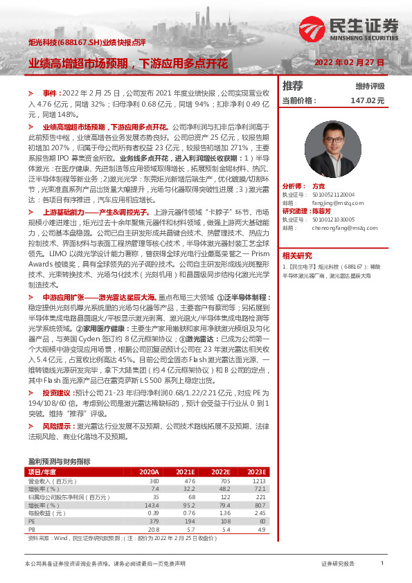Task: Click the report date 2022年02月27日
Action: [x=349, y=63]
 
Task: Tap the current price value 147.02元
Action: [x=367, y=100]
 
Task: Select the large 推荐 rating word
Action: [x=293, y=86]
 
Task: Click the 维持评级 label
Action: [x=370, y=87]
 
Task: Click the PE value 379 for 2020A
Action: [x=154, y=521]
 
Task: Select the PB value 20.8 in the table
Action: [x=153, y=529]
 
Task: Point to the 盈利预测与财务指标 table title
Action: [x=59, y=461]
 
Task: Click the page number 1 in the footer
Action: [x=382, y=564]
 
